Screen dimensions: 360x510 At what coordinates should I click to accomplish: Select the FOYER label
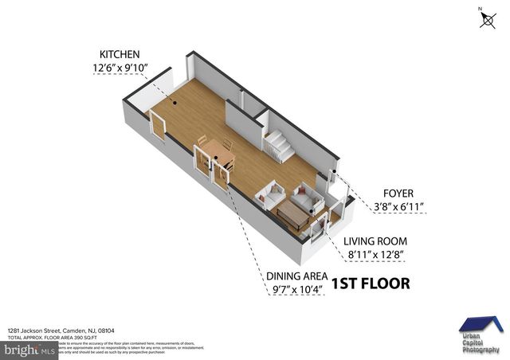pos(398,192)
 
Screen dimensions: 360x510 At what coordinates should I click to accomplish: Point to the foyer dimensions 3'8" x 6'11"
pos(398,207)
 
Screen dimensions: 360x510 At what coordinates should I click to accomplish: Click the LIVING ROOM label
pos(375,241)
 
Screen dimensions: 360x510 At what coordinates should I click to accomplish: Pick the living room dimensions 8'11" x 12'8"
pos(375,256)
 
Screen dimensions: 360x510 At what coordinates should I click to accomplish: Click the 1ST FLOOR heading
pos(370,284)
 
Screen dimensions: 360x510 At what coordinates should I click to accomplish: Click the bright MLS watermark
pos(29,349)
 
